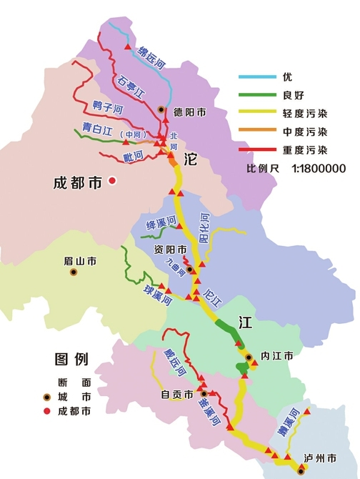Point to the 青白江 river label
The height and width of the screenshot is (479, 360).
97,129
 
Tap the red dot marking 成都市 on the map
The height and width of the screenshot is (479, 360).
112,182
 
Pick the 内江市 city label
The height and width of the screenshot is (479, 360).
277,355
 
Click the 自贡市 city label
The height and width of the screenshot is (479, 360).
177,394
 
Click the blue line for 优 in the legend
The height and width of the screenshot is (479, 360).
255,76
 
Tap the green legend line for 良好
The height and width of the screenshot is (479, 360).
255,94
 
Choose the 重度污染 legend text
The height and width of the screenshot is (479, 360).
304,150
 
